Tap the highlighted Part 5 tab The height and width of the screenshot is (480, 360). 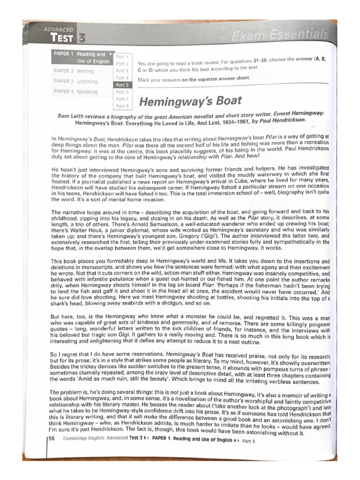(x=121, y=85)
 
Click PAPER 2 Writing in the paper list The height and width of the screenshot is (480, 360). (x=74, y=71)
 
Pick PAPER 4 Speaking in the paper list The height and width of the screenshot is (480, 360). (x=75, y=92)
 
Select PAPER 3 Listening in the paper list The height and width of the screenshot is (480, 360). (x=75, y=82)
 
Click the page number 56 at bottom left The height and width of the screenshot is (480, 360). (x=52, y=439)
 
